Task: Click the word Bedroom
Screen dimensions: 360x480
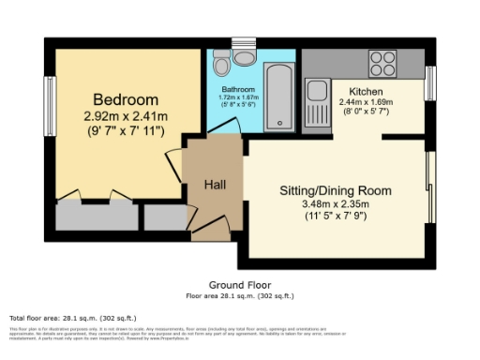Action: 125,99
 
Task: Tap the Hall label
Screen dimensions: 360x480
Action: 216,185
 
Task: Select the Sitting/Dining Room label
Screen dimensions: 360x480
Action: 335,190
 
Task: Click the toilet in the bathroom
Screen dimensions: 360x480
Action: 220,64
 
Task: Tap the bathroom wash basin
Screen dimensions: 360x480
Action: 246,58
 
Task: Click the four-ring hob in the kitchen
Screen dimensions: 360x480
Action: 382,63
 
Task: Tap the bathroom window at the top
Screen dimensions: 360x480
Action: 244,40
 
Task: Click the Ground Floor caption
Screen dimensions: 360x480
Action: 239,284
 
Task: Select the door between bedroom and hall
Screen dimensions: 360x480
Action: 174,161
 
